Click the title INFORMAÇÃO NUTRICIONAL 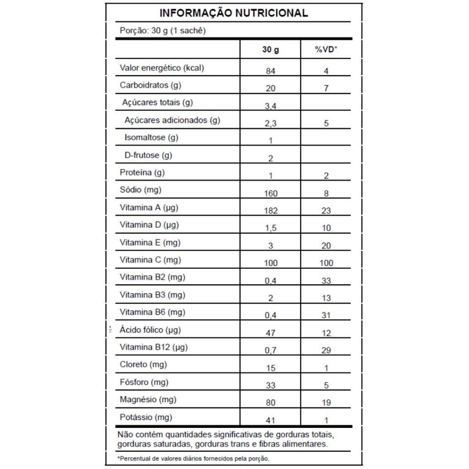pos(234,13)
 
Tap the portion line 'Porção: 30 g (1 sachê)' pos(162,31)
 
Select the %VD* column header pos(326,49)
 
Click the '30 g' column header pos(270,49)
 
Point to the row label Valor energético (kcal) pos(162,68)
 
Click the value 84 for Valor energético pos(270,71)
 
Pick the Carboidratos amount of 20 pos(270,88)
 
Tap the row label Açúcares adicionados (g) pos(172,120)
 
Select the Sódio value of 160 pos(270,193)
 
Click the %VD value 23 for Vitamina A pos(326,211)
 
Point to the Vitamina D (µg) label pos(149,225)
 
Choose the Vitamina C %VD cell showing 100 pos(326,263)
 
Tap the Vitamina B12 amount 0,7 pos(270,351)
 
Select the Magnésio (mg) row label pos(148,399)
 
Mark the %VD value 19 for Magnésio pos(326,403)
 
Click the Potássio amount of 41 pos(270,420)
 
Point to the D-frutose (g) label pos(148,155)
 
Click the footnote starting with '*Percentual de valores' pos(193,458)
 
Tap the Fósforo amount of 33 pos(270,386)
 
